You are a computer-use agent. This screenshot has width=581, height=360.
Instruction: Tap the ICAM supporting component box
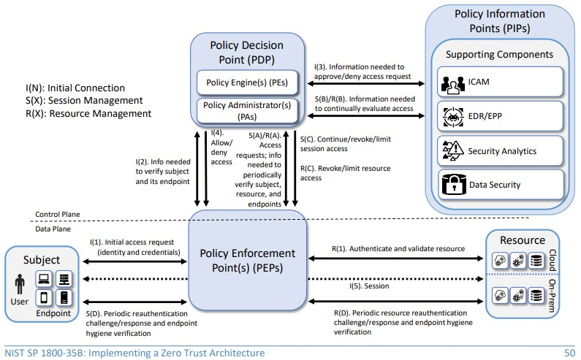point(501,83)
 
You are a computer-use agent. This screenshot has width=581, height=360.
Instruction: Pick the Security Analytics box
point(501,151)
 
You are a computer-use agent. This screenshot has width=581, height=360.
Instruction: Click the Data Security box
point(501,185)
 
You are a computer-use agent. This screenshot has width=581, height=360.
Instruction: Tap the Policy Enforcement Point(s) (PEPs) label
point(248,261)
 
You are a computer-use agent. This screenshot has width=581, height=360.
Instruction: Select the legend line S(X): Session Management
point(83,101)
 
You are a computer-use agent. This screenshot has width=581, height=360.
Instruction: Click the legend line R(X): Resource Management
point(88,114)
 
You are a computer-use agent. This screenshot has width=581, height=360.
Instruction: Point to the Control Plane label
point(58,214)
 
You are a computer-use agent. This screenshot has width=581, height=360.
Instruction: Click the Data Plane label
point(53,229)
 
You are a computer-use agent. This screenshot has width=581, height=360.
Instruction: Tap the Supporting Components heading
point(500,54)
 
